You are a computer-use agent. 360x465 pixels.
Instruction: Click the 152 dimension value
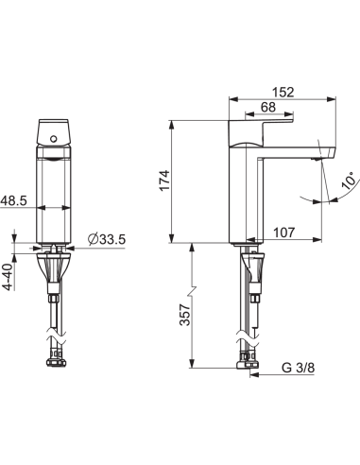pyautogui.click(x=283, y=93)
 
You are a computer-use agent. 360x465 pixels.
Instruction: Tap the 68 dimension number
pyautogui.click(x=268, y=107)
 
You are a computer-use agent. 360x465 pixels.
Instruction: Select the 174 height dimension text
pyautogui.click(x=164, y=181)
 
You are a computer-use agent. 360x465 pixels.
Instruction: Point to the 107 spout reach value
pyautogui.click(x=283, y=232)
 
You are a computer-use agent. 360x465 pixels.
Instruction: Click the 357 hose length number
pyautogui.click(x=185, y=315)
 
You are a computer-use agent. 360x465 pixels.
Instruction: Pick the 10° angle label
pyautogui.click(x=351, y=181)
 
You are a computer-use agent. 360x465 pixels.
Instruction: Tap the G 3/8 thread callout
pyautogui.click(x=298, y=368)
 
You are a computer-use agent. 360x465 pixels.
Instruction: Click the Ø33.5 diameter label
pyautogui.click(x=107, y=240)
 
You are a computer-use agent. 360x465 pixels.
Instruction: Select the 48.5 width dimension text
pyautogui.click(x=13, y=200)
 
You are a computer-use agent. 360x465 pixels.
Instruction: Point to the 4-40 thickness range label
pyautogui.click(x=9, y=277)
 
